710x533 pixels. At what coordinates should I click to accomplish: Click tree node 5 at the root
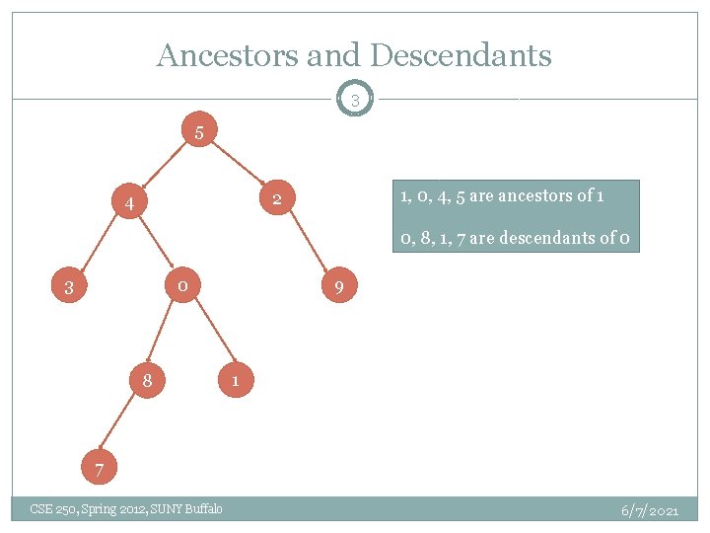[x=199, y=131]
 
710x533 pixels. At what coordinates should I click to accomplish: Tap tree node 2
[x=277, y=200]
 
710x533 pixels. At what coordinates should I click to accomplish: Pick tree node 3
[x=69, y=289]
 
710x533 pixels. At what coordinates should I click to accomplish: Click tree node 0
[x=182, y=286]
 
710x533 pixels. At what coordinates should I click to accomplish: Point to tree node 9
[x=338, y=289]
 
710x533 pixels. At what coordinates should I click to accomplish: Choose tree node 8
[x=146, y=380]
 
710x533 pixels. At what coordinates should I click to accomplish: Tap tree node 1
[x=235, y=380]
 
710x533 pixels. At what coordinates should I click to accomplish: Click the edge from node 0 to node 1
[x=210, y=332]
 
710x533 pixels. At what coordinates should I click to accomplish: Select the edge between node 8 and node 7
[x=121, y=422]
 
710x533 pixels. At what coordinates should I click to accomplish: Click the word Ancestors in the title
[x=228, y=55]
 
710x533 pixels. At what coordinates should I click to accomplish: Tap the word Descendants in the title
[x=460, y=55]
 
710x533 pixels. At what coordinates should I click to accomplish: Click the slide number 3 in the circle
[x=355, y=100]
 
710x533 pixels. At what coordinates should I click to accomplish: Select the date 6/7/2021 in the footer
[x=649, y=510]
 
